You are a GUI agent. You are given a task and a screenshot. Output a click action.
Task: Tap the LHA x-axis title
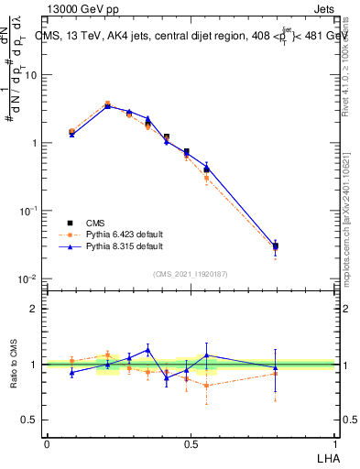(x=326, y=457)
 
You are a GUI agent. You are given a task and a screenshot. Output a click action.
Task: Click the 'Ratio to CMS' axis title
(x=13, y=364)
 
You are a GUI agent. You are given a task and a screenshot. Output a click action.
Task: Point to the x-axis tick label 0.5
(x=191, y=443)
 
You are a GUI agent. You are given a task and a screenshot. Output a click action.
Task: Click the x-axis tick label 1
(x=334, y=443)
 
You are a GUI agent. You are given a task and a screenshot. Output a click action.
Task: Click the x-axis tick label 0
(x=47, y=443)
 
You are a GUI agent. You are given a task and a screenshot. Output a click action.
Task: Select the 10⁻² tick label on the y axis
(x=28, y=278)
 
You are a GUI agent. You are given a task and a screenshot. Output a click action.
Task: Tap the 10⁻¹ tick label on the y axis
(x=28, y=211)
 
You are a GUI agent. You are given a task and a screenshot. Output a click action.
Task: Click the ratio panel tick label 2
(x=34, y=309)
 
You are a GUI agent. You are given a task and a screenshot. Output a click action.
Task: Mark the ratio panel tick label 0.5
(x=30, y=420)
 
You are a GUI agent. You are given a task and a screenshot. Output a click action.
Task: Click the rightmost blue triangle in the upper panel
(x=276, y=245)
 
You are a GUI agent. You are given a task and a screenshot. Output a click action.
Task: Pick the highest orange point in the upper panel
(x=107, y=104)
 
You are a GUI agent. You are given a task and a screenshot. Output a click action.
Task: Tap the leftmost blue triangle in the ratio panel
(x=71, y=372)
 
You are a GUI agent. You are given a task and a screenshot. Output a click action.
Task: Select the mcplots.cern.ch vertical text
(x=353, y=220)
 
